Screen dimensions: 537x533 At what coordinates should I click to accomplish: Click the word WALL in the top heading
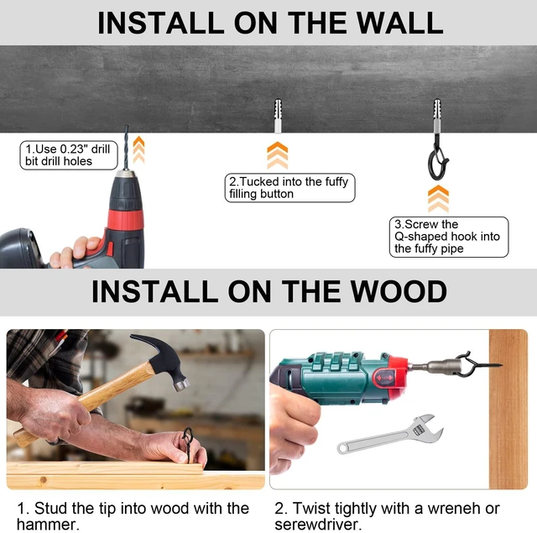pos(399,23)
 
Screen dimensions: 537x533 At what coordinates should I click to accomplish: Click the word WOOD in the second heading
pos(399,291)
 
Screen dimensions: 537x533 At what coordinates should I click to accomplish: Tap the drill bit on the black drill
pos(127,147)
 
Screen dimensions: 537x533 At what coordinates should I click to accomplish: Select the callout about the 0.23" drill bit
pos(69,155)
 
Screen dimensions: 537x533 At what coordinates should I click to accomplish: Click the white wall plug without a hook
pos(278,116)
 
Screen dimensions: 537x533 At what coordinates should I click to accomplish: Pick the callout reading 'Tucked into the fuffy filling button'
pos(289,188)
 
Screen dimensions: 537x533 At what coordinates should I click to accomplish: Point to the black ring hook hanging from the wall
pos(437,161)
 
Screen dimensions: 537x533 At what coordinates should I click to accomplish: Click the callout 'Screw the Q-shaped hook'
pos(449,237)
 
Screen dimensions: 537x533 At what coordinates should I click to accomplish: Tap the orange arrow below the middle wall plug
pos(278,155)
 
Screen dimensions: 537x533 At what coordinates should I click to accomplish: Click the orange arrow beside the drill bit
pos(138,149)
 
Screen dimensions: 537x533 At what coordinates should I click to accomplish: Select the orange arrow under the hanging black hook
pos(438,199)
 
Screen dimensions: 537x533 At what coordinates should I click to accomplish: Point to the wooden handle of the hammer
pos(84,404)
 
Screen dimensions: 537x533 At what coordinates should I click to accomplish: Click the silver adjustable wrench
pos(389,434)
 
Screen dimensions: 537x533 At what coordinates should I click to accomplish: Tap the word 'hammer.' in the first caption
pos(48,525)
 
